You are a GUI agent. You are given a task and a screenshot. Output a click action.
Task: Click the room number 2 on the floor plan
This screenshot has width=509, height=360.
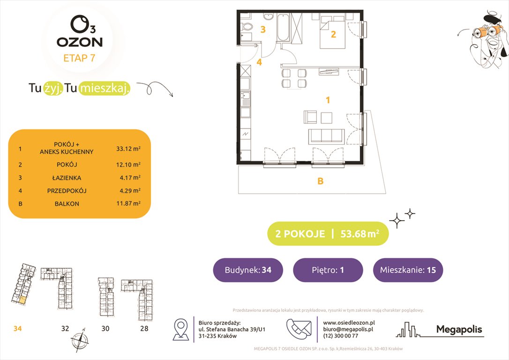click(x=333, y=34)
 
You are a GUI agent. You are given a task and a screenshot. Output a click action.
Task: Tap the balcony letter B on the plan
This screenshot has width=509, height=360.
click(x=321, y=181)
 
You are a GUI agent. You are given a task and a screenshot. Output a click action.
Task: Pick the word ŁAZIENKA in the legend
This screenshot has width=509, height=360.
click(x=64, y=178)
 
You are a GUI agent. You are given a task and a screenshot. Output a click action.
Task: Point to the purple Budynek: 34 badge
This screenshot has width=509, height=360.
click(x=247, y=270)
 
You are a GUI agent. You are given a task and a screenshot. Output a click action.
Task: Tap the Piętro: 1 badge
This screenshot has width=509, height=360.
click(x=328, y=270)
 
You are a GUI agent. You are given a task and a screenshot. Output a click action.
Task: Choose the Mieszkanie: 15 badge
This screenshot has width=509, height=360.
click(x=408, y=270)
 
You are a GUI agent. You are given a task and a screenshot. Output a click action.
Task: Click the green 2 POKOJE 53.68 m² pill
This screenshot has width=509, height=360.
click(x=328, y=233)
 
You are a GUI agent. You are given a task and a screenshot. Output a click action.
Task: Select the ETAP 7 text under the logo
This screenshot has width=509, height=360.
click(x=80, y=59)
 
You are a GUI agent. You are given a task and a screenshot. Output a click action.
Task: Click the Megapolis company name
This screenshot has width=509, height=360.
click(x=459, y=330)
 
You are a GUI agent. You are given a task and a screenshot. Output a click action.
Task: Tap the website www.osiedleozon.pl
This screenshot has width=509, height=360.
click(x=349, y=322)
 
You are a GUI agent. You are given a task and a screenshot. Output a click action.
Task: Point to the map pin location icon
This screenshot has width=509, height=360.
click(x=181, y=329)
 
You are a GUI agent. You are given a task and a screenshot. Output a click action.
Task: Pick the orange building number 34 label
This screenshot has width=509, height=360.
click(x=17, y=329)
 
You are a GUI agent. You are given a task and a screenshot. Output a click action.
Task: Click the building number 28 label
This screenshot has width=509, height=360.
click(x=144, y=329)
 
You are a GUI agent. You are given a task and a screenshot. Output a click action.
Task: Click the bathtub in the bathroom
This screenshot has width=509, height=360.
click(x=283, y=28)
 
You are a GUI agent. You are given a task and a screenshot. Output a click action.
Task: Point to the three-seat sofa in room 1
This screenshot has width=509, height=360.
click(x=326, y=135)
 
